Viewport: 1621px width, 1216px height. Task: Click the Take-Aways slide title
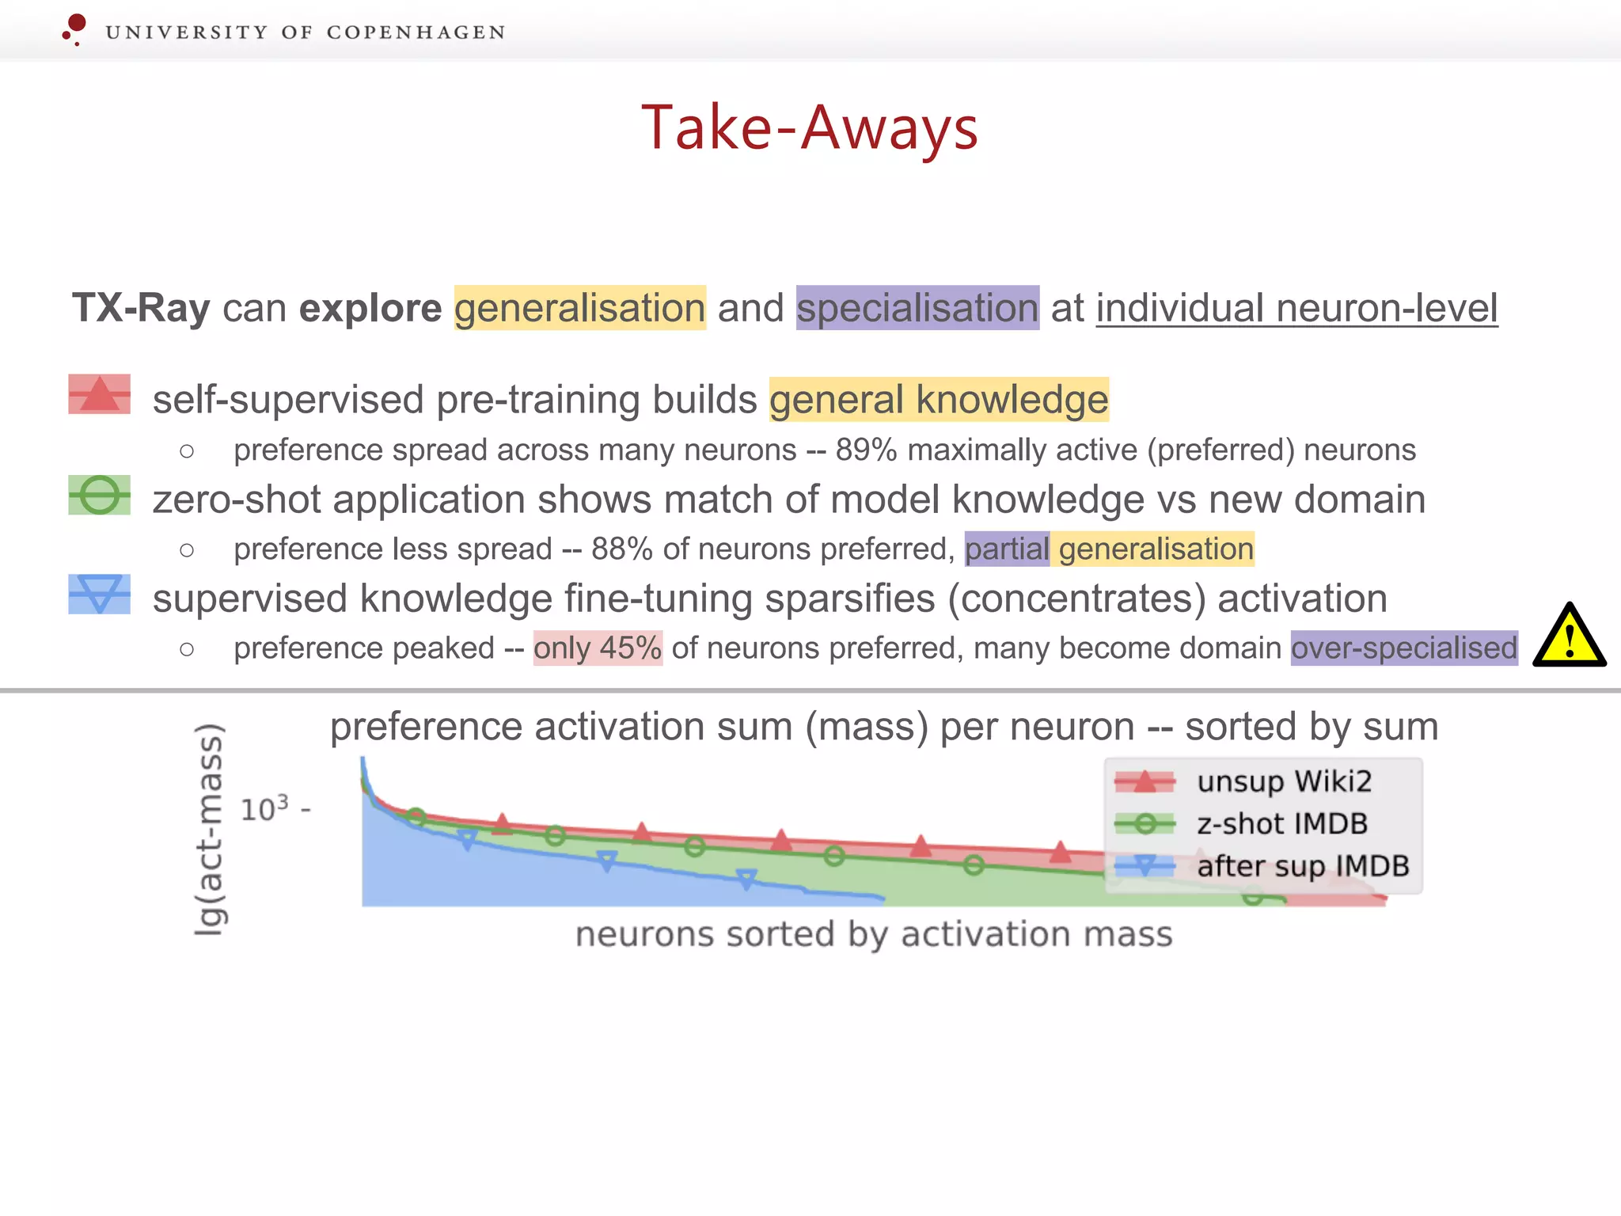click(x=810, y=128)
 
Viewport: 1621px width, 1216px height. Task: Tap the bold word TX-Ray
click(x=141, y=308)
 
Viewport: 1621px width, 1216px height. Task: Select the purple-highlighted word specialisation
click(x=917, y=308)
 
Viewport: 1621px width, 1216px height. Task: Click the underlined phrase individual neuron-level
click(x=1296, y=308)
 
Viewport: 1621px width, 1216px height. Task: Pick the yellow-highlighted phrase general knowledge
click(x=938, y=399)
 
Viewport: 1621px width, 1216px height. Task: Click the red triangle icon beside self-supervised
click(x=99, y=394)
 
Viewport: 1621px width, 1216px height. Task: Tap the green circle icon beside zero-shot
click(x=99, y=495)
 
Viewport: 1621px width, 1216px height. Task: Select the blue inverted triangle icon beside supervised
click(x=99, y=594)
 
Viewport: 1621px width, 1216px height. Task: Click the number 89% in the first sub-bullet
click(x=866, y=450)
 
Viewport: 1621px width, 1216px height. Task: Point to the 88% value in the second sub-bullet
click(x=621, y=549)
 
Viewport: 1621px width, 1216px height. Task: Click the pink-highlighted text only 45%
click(x=597, y=648)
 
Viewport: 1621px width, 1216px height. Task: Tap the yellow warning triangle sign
click(x=1569, y=636)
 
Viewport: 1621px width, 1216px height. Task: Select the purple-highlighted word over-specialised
click(x=1403, y=648)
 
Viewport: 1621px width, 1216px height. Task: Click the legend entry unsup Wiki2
click(x=1283, y=781)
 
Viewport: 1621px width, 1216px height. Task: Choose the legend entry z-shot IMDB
click(x=1281, y=824)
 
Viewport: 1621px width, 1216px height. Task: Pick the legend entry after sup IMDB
click(x=1302, y=866)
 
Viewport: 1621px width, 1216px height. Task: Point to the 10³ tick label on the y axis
click(x=265, y=809)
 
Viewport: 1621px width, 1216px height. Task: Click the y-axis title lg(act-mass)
click(x=210, y=829)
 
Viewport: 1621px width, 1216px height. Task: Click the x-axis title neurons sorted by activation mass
click(x=873, y=934)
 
